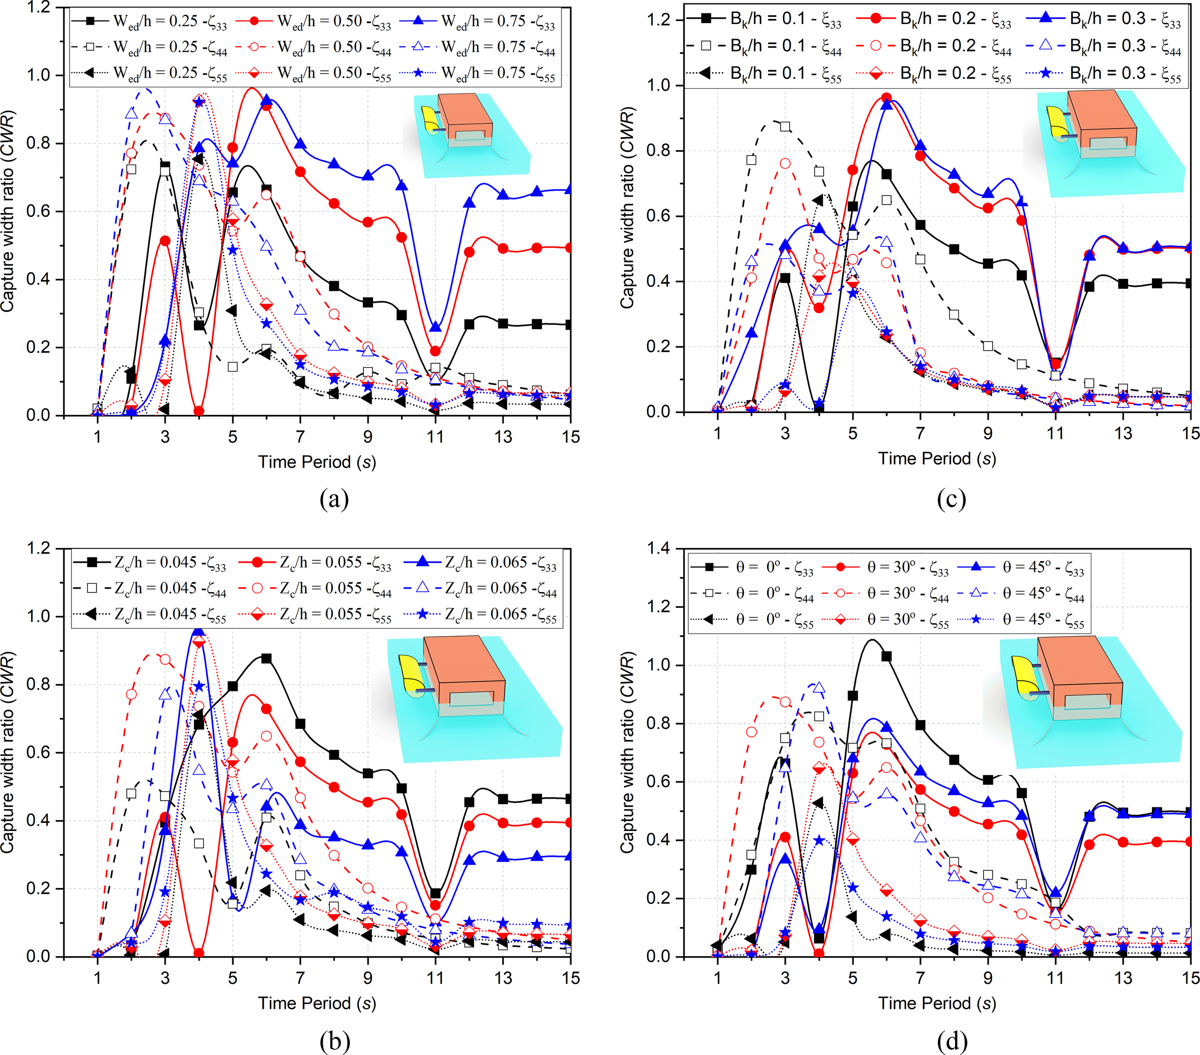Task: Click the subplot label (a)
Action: tap(334, 499)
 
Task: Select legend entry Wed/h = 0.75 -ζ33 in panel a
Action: tap(478, 22)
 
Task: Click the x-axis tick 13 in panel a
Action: tap(503, 437)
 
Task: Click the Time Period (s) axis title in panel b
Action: tap(317, 1003)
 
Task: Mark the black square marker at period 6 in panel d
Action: tap(887, 656)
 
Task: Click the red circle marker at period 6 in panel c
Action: tap(887, 98)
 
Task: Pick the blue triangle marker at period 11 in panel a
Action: tap(435, 327)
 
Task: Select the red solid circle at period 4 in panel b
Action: tap(199, 953)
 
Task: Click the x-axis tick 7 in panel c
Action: tap(920, 433)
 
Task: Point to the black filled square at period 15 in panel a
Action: tap(569, 324)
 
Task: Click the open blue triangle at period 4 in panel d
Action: tap(818, 688)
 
